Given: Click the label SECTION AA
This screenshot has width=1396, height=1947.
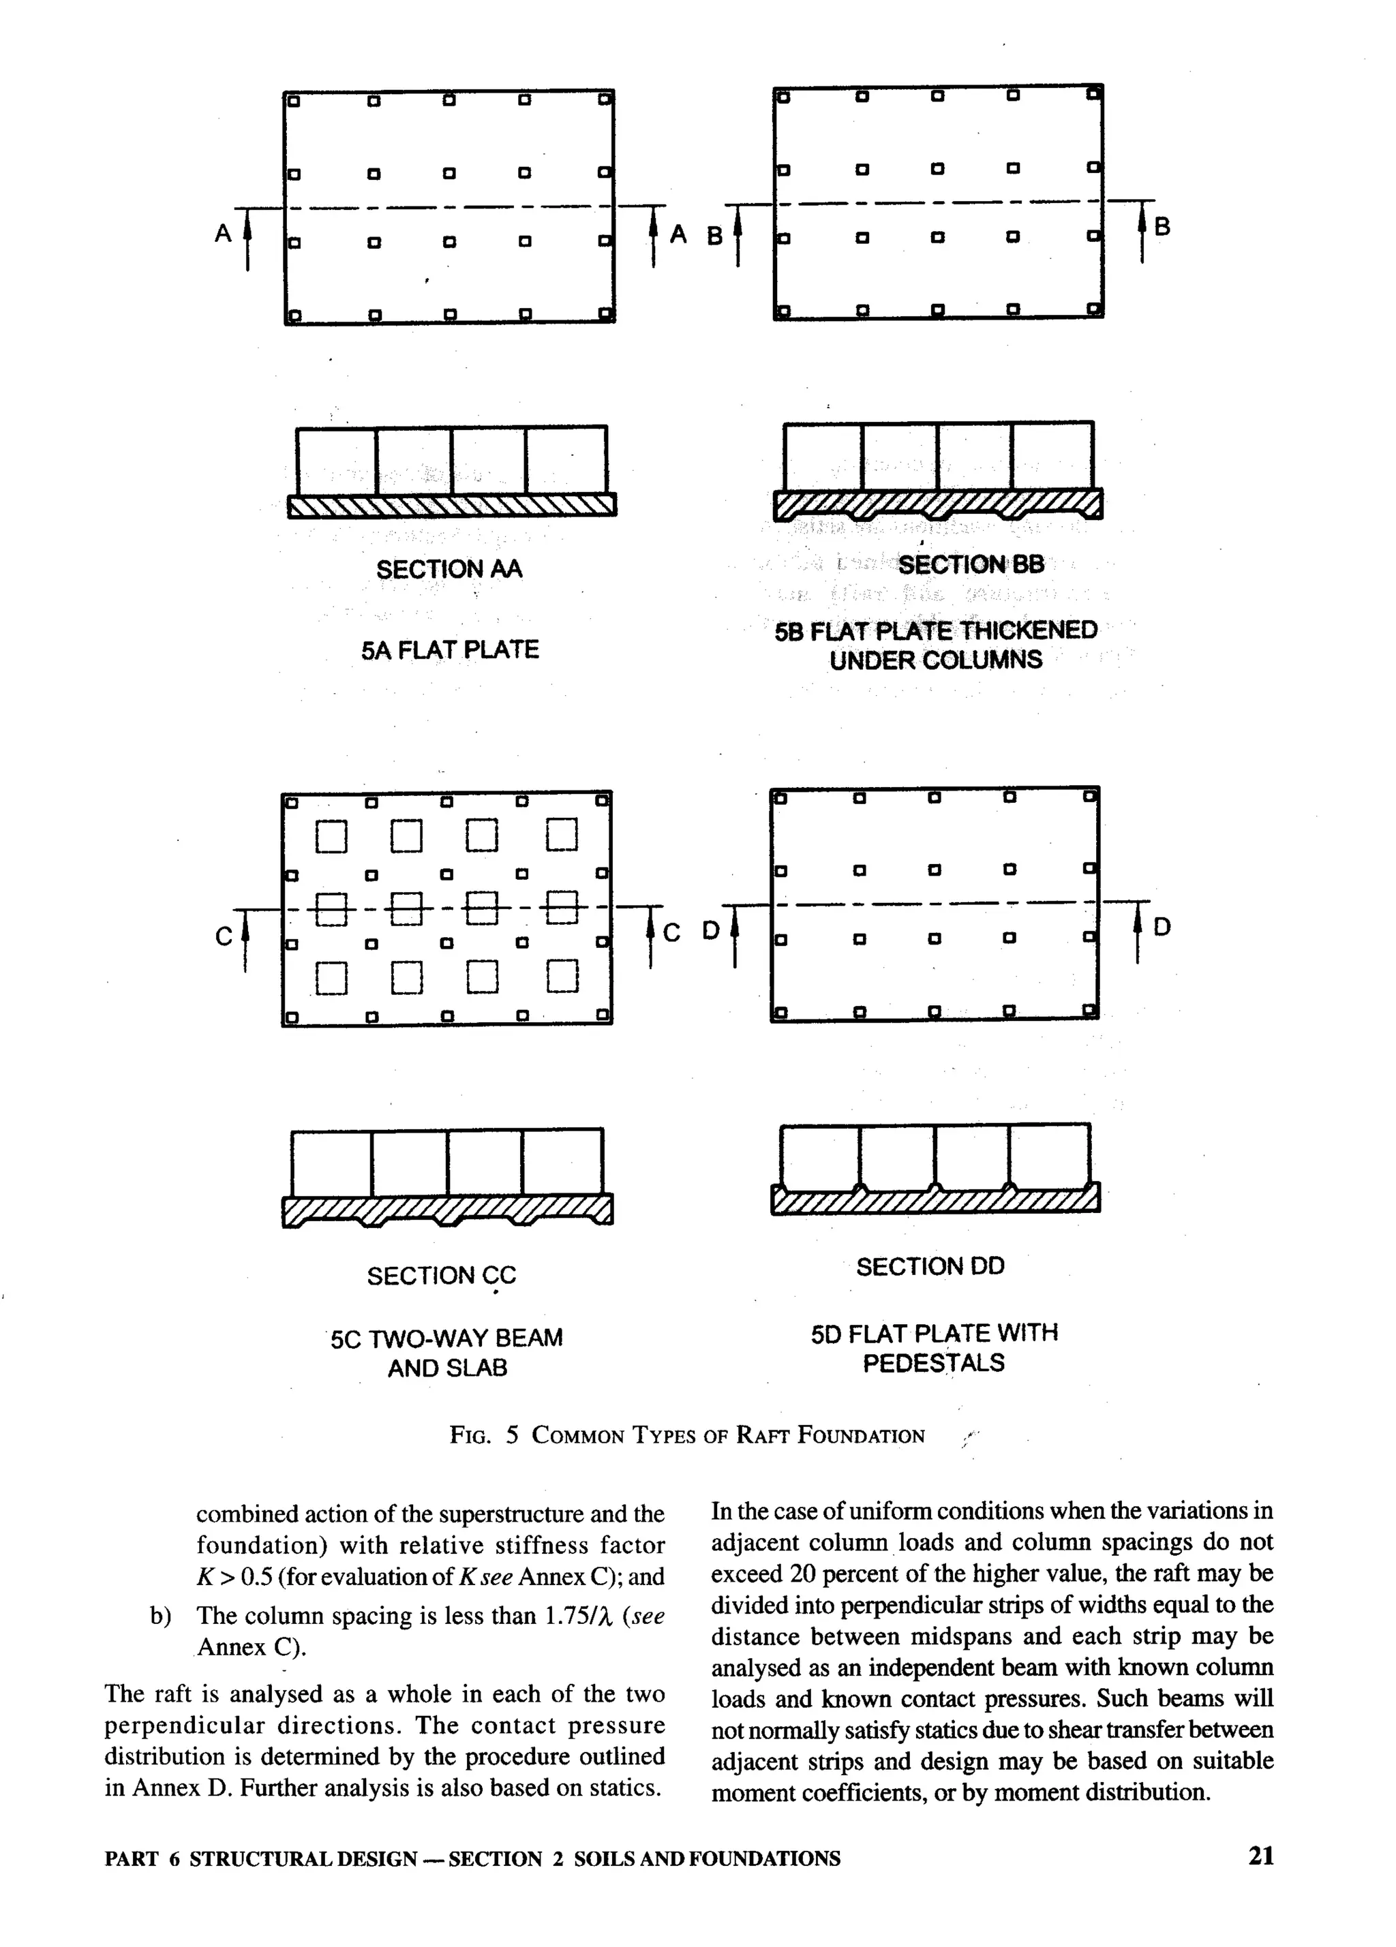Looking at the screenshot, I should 449,569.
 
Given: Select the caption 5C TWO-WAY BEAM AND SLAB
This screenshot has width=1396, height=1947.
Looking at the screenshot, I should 447,1352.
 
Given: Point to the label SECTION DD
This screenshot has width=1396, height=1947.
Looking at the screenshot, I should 930,1266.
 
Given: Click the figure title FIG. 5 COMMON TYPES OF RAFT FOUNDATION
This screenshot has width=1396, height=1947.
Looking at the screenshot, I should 687,1435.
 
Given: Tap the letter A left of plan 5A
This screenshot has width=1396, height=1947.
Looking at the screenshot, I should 223,234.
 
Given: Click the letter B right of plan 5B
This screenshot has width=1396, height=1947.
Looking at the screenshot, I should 1162,227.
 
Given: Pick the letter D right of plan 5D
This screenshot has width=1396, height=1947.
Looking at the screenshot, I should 1162,927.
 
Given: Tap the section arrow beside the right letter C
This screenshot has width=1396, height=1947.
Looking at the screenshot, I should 651,936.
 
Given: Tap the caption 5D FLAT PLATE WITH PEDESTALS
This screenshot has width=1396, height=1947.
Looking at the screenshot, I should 934,1348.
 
